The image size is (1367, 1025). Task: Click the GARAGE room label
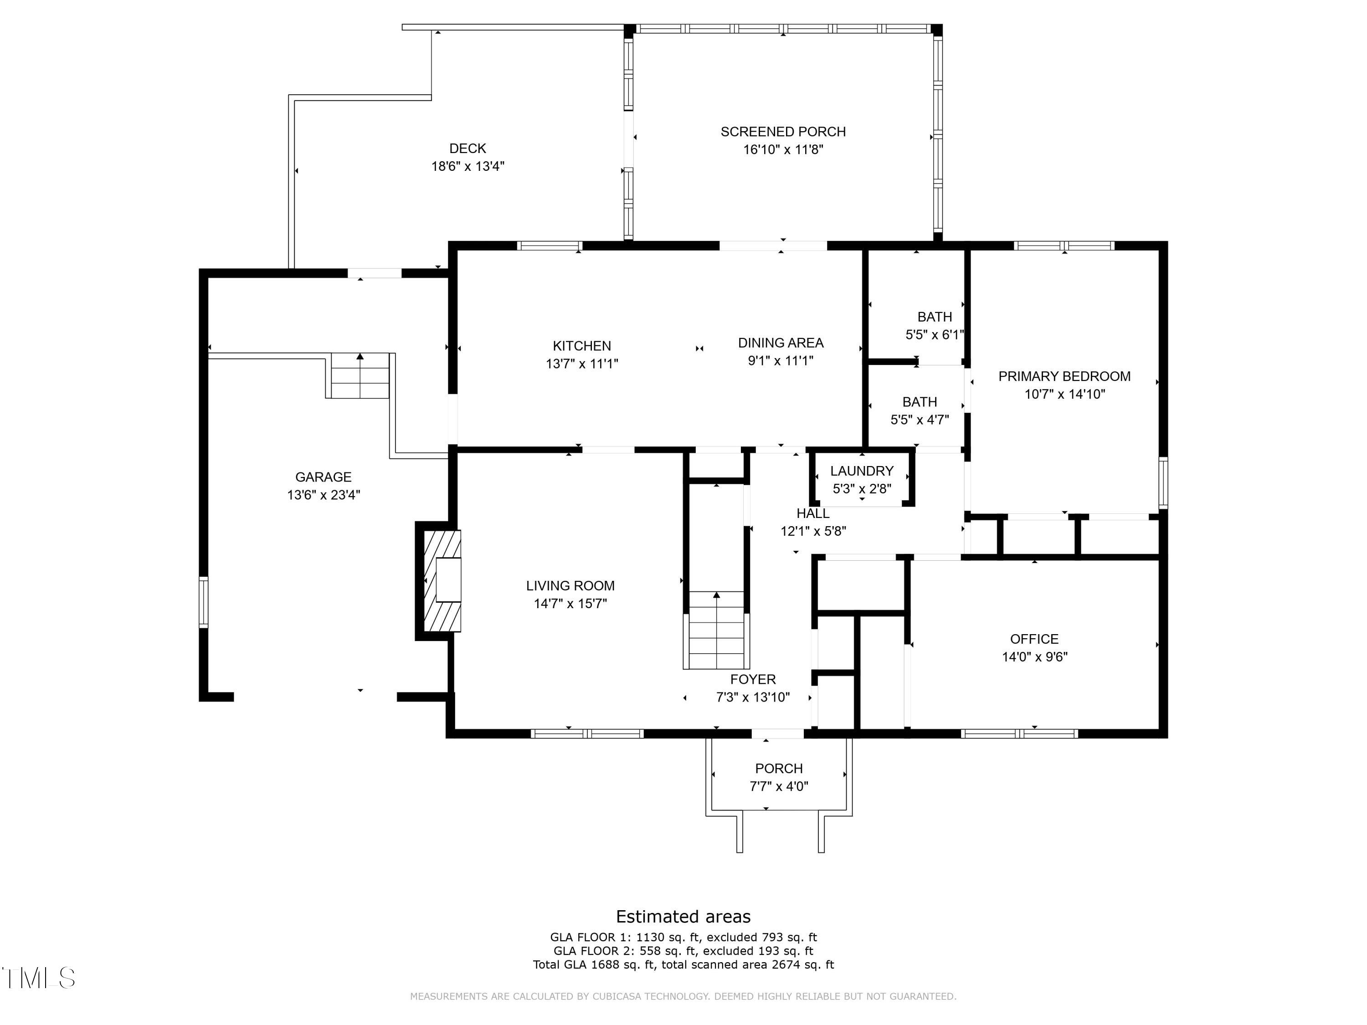[323, 477]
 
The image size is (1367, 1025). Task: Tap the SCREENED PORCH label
[783, 132]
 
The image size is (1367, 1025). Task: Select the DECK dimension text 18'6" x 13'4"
[468, 166]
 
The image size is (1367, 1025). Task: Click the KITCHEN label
[581, 346]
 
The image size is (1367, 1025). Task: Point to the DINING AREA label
[781, 343]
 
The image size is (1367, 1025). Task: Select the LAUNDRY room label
[862, 471]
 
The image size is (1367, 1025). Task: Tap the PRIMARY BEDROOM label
[1064, 376]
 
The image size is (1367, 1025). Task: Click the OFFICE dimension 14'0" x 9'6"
[1034, 657]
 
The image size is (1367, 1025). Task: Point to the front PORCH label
[779, 769]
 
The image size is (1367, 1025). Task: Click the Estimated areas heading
[683, 916]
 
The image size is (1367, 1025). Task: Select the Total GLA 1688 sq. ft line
[683, 964]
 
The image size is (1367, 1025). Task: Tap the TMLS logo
[38, 978]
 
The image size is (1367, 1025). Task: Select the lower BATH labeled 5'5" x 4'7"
[919, 411]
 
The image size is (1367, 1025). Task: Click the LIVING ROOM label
[570, 586]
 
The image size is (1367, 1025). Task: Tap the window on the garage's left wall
[203, 602]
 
